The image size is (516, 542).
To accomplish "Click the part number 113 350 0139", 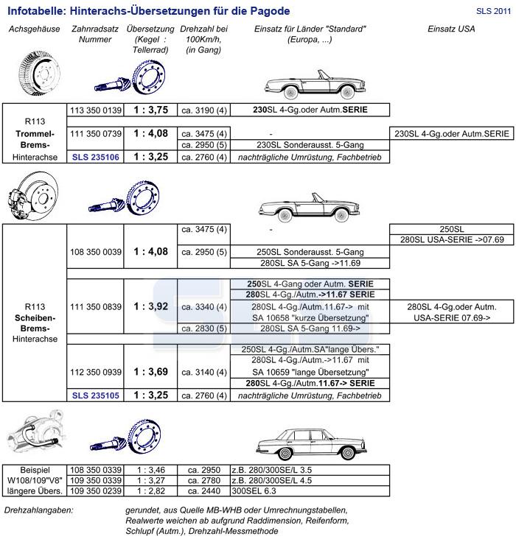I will click(x=95, y=110).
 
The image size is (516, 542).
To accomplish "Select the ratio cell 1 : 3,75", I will click(x=150, y=110).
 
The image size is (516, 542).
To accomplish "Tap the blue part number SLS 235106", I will click(x=95, y=157).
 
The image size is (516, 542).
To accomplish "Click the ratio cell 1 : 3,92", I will click(x=150, y=306).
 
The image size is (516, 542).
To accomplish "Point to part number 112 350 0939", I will click(x=95, y=372).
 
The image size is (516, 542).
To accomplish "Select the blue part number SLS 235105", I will click(x=95, y=395).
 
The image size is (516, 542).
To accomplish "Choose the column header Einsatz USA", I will click(x=451, y=29).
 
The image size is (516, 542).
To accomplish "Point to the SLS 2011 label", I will click(x=492, y=11).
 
